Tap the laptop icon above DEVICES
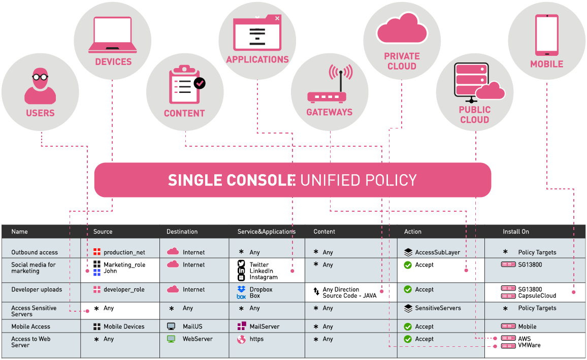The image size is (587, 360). [113, 35]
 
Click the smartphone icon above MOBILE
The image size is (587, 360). [546, 35]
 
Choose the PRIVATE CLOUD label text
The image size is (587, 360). [402, 61]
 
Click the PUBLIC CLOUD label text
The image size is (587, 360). [474, 115]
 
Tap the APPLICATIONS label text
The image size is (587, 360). [257, 59]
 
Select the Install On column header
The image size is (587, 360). [515, 232]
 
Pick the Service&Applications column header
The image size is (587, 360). [266, 232]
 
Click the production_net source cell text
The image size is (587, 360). [124, 252]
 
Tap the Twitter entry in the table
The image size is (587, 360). [259, 265]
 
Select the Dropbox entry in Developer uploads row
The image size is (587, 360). [261, 289]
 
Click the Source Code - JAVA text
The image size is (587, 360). [349, 296]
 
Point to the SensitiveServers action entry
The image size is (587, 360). [438, 308]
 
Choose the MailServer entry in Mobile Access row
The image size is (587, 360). [264, 326]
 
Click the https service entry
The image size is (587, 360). [256, 339]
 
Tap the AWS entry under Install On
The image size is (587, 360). [524, 338]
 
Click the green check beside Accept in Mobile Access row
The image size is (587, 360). [408, 326]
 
